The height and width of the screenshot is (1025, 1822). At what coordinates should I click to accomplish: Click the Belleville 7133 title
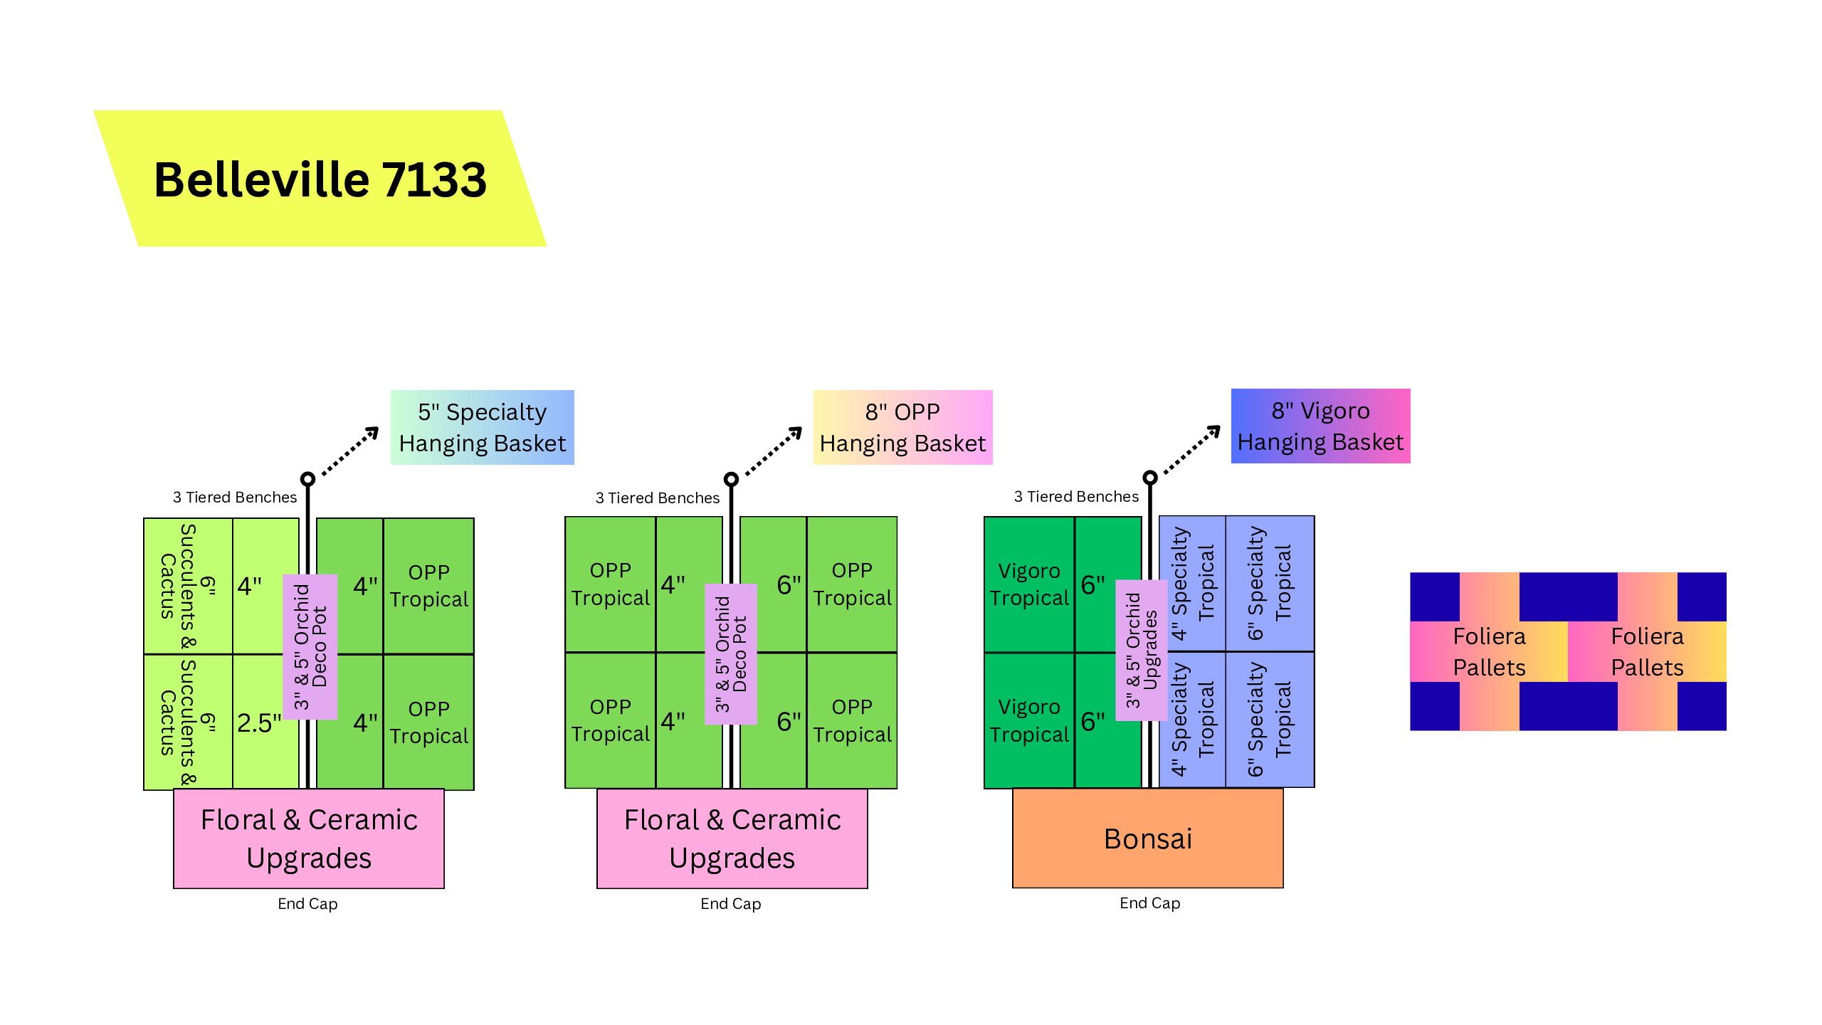point(320,179)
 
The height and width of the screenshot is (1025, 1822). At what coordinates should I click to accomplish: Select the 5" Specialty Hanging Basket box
point(482,427)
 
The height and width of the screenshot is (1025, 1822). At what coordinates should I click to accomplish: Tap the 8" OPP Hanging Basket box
point(902,427)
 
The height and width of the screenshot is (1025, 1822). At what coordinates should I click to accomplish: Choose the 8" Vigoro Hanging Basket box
point(1320,426)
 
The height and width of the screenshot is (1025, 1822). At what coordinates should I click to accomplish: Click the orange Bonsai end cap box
point(1147,839)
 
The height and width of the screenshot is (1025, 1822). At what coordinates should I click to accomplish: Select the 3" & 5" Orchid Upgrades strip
point(1142,650)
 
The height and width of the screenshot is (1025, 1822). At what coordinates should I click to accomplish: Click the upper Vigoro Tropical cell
point(1028,584)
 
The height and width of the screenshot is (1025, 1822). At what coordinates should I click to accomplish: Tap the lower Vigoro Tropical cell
point(1028,720)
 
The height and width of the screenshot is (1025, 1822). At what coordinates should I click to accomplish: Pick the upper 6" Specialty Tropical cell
point(1270,584)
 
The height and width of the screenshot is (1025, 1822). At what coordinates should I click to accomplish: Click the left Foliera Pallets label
point(1489,651)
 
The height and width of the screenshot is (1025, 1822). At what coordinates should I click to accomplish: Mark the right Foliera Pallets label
point(1647,651)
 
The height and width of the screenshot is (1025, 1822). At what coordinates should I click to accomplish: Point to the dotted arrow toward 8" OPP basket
point(774,451)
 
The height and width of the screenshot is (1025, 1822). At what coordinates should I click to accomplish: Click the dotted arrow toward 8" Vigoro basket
point(1193,450)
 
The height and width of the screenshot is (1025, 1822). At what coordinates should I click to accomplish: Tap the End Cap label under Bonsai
point(1149,903)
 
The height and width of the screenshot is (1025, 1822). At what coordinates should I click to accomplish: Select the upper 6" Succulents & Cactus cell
point(188,586)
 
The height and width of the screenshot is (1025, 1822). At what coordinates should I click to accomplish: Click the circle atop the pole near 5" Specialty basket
point(307,479)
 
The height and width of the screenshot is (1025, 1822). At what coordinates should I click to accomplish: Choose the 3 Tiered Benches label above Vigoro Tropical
point(1075,497)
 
